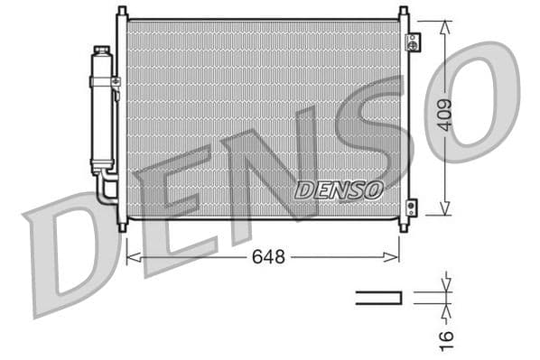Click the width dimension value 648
tap(268, 257)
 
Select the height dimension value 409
tap(444, 115)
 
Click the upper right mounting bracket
tap(413, 43)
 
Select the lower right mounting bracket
tap(413, 207)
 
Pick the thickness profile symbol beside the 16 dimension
tap(378, 297)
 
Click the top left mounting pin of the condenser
tap(122, 13)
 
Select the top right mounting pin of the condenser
tap(403, 13)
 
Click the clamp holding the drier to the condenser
tap(115, 82)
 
